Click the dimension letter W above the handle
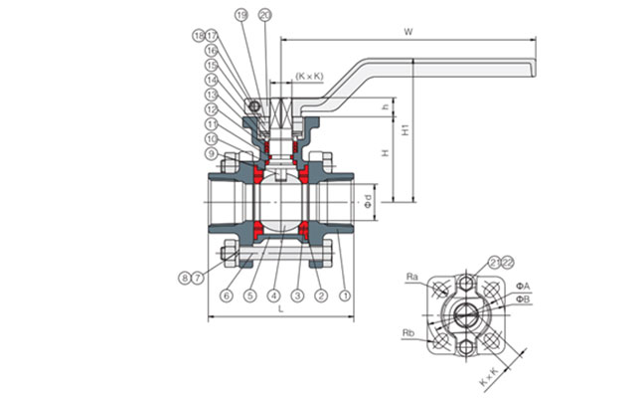coord(408,32)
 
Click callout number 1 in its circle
coord(345,296)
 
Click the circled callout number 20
coord(264,15)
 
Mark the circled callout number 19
coord(241,15)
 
